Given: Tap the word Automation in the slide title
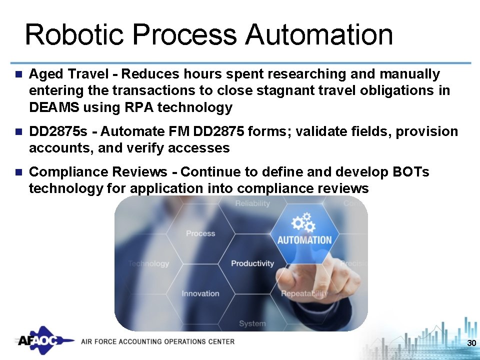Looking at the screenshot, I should pyautogui.click(x=319, y=35).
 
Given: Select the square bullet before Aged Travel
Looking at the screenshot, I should pyautogui.click(x=18, y=74).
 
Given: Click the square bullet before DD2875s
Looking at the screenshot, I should pyautogui.click(x=18, y=132).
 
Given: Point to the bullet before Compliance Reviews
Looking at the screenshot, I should pyautogui.click(x=18, y=172).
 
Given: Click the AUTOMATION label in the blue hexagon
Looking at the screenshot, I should pyautogui.click(x=304, y=240).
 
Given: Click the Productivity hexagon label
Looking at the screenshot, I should pyautogui.click(x=252, y=263).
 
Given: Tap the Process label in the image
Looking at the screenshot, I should pyautogui.click(x=200, y=233).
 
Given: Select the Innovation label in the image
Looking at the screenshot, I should pyautogui.click(x=200, y=293).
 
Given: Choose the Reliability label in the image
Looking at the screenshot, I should pyautogui.click(x=252, y=203).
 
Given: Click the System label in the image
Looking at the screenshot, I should pyautogui.click(x=252, y=323).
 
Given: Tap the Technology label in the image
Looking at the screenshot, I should pyautogui.click(x=148, y=263).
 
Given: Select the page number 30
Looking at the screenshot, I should pyautogui.click(x=470, y=343).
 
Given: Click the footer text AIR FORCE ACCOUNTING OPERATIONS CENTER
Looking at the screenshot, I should pyautogui.click(x=157, y=341).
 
